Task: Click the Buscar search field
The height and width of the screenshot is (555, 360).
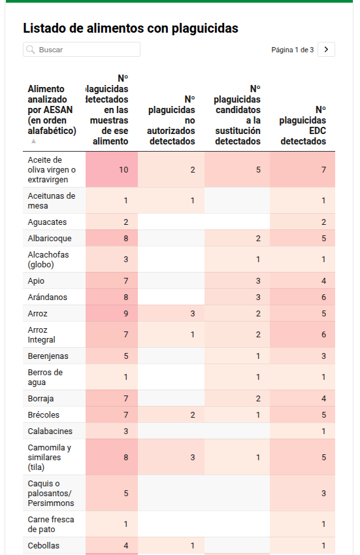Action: [x=82, y=50]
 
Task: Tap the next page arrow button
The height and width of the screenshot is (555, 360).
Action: [x=326, y=50]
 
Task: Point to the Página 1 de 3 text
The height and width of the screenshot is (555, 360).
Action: [x=293, y=50]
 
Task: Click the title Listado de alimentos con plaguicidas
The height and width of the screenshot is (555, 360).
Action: [x=131, y=28]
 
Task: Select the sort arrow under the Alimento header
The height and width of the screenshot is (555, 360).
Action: [x=33, y=141]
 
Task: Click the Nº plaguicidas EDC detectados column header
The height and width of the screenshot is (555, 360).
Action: [x=303, y=126]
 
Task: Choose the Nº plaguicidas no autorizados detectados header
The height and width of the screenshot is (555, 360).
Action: [x=171, y=120]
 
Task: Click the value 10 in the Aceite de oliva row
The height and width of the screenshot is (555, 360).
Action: [x=123, y=170]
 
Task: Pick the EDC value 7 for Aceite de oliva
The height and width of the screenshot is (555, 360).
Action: [x=323, y=170]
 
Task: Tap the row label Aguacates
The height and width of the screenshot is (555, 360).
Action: [x=48, y=222]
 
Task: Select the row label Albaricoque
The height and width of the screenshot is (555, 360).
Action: [x=50, y=238]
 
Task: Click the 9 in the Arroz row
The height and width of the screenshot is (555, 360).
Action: [x=126, y=314]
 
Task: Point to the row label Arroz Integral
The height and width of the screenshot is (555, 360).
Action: [x=42, y=335]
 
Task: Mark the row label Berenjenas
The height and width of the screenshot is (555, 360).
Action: [x=48, y=356]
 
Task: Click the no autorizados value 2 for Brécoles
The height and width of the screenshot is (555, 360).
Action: [x=192, y=415]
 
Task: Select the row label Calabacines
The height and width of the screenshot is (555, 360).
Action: [x=50, y=431]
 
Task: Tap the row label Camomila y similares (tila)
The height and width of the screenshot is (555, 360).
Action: [x=50, y=458]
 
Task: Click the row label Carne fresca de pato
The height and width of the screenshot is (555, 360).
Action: [x=51, y=524]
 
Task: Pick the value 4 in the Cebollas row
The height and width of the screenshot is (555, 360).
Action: [x=126, y=546]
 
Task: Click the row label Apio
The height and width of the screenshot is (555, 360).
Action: [x=36, y=281]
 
